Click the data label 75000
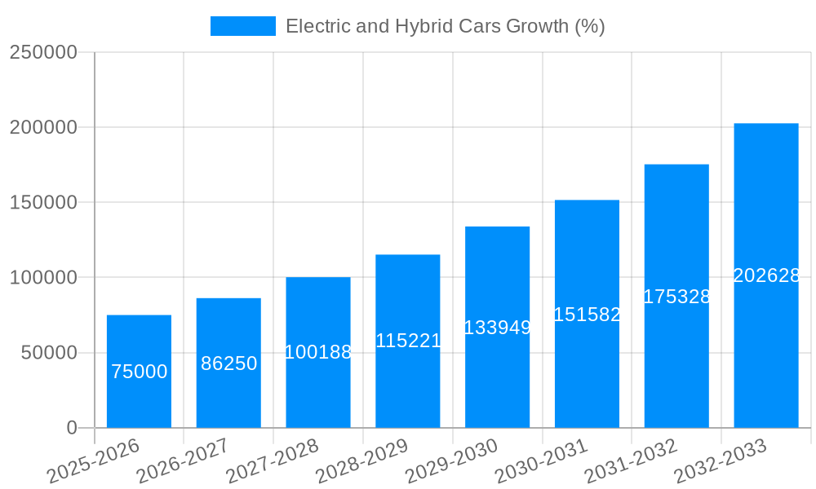[139, 372]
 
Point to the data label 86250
[228, 363]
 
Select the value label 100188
[318, 352]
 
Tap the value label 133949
[497, 328]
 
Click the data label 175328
[676, 297]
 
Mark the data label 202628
[766, 275]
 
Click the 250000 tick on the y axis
[43, 52]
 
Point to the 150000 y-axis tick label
[43, 202]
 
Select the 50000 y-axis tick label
[49, 353]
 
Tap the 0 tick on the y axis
[72, 428]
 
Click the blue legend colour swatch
[242, 26]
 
